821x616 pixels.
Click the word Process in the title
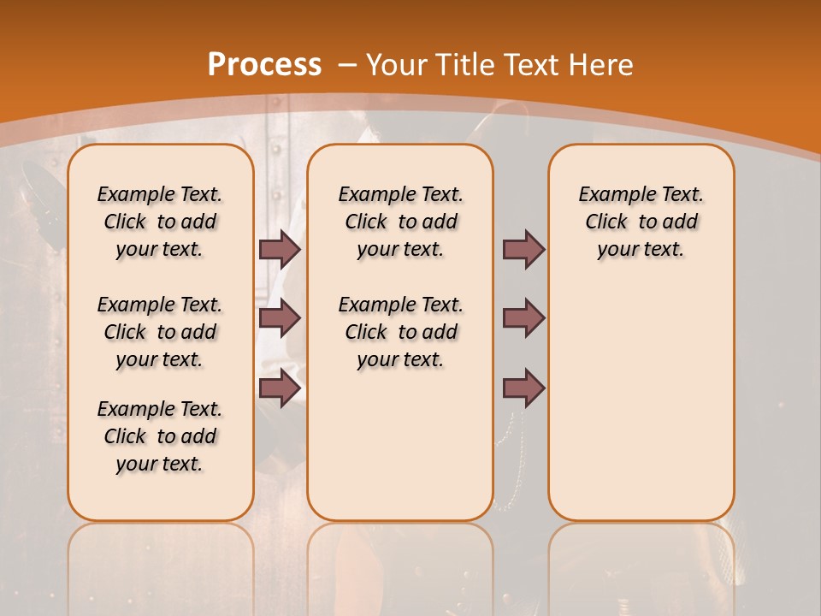click(x=264, y=64)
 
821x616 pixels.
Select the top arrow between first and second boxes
click(x=280, y=249)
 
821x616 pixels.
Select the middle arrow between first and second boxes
click(x=280, y=318)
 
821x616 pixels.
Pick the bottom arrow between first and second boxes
click(x=280, y=388)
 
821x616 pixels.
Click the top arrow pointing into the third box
click(x=523, y=249)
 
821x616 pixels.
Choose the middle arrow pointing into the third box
click(x=523, y=318)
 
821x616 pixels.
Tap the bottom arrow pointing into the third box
click(x=523, y=388)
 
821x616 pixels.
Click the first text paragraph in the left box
click(x=160, y=222)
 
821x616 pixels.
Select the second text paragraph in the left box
click(x=160, y=332)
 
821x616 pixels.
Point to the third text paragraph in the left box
click(x=160, y=436)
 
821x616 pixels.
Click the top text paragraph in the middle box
click(x=400, y=222)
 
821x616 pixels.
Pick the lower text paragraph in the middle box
click(x=400, y=332)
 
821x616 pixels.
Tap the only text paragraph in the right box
click(x=641, y=222)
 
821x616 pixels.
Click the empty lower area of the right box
click(x=641, y=402)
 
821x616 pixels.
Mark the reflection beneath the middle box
click(x=400, y=556)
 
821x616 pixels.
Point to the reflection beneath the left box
click(x=160, y=556)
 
